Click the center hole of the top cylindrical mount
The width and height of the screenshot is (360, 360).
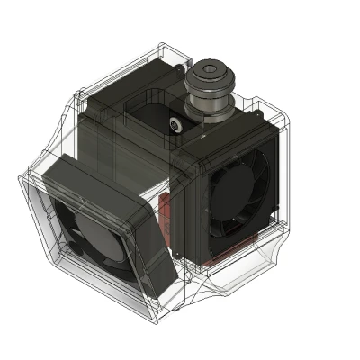point(211,69)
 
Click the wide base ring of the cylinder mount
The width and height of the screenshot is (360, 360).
point(209,110)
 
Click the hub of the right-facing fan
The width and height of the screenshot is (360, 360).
point(235,194)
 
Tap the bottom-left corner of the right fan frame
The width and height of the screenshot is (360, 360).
point(194,261)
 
